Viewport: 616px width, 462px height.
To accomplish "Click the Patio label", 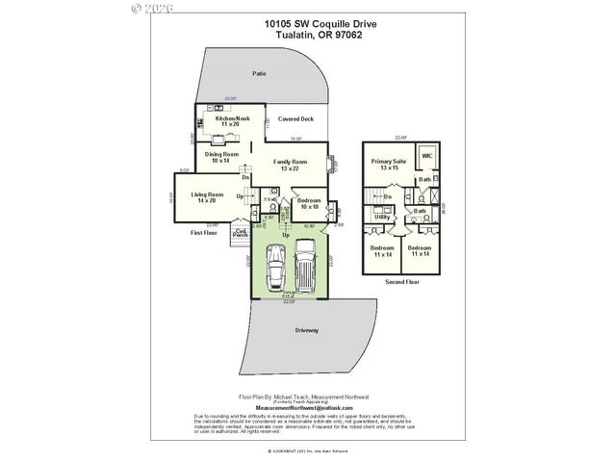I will click(259, 73).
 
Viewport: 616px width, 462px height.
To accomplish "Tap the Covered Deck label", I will click(295, 119).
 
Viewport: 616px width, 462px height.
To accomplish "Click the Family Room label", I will click(290, 165).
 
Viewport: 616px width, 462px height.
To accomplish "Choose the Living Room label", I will click(207, 197).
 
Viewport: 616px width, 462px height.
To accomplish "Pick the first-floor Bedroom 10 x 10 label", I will click(310, 204).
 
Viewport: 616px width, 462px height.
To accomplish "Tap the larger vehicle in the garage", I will click(306, 266).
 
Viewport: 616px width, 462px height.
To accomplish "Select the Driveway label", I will click(307, 330).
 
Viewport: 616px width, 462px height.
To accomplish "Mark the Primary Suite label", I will click(388, 165).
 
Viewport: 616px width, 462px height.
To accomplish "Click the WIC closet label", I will click(426, 156).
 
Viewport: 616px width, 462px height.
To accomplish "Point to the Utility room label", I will click(382, 218).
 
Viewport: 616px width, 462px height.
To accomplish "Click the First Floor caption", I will click(203, 232).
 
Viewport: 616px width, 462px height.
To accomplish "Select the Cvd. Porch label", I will click(242, 232).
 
